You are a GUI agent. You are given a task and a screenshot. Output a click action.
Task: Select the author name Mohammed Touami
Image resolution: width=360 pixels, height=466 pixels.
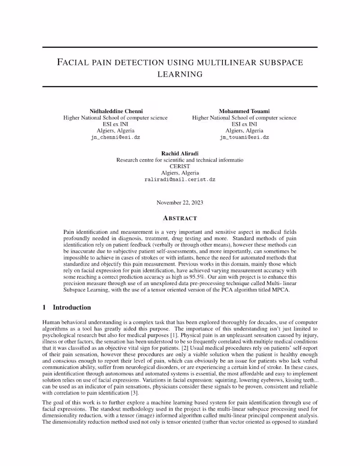244,111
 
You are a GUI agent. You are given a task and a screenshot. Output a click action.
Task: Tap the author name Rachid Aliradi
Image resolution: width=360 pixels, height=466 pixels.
180,153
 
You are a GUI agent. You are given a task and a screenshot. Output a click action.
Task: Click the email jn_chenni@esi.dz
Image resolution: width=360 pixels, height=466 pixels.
115,137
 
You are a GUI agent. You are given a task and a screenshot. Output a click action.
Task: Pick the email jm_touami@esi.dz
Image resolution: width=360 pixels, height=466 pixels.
244,137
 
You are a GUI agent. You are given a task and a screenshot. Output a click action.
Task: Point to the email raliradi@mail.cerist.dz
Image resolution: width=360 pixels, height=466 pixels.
180,179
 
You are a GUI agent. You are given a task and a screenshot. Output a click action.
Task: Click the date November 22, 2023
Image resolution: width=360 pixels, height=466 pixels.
180,203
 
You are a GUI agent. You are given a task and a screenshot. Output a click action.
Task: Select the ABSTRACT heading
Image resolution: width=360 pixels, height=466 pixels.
180,218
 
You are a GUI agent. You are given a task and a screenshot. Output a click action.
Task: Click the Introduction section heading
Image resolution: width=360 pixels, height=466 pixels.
72,308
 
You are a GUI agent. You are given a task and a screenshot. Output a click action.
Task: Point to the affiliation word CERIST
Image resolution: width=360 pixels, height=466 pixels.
180,166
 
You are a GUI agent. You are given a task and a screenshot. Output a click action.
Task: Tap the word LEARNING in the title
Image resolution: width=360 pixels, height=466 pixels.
180,74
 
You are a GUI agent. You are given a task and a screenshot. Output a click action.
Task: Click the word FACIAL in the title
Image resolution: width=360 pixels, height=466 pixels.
74,62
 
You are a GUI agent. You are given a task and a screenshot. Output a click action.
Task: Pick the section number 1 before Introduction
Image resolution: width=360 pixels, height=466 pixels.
44,308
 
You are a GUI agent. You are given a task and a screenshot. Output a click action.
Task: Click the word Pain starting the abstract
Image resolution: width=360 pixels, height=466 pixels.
70,232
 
